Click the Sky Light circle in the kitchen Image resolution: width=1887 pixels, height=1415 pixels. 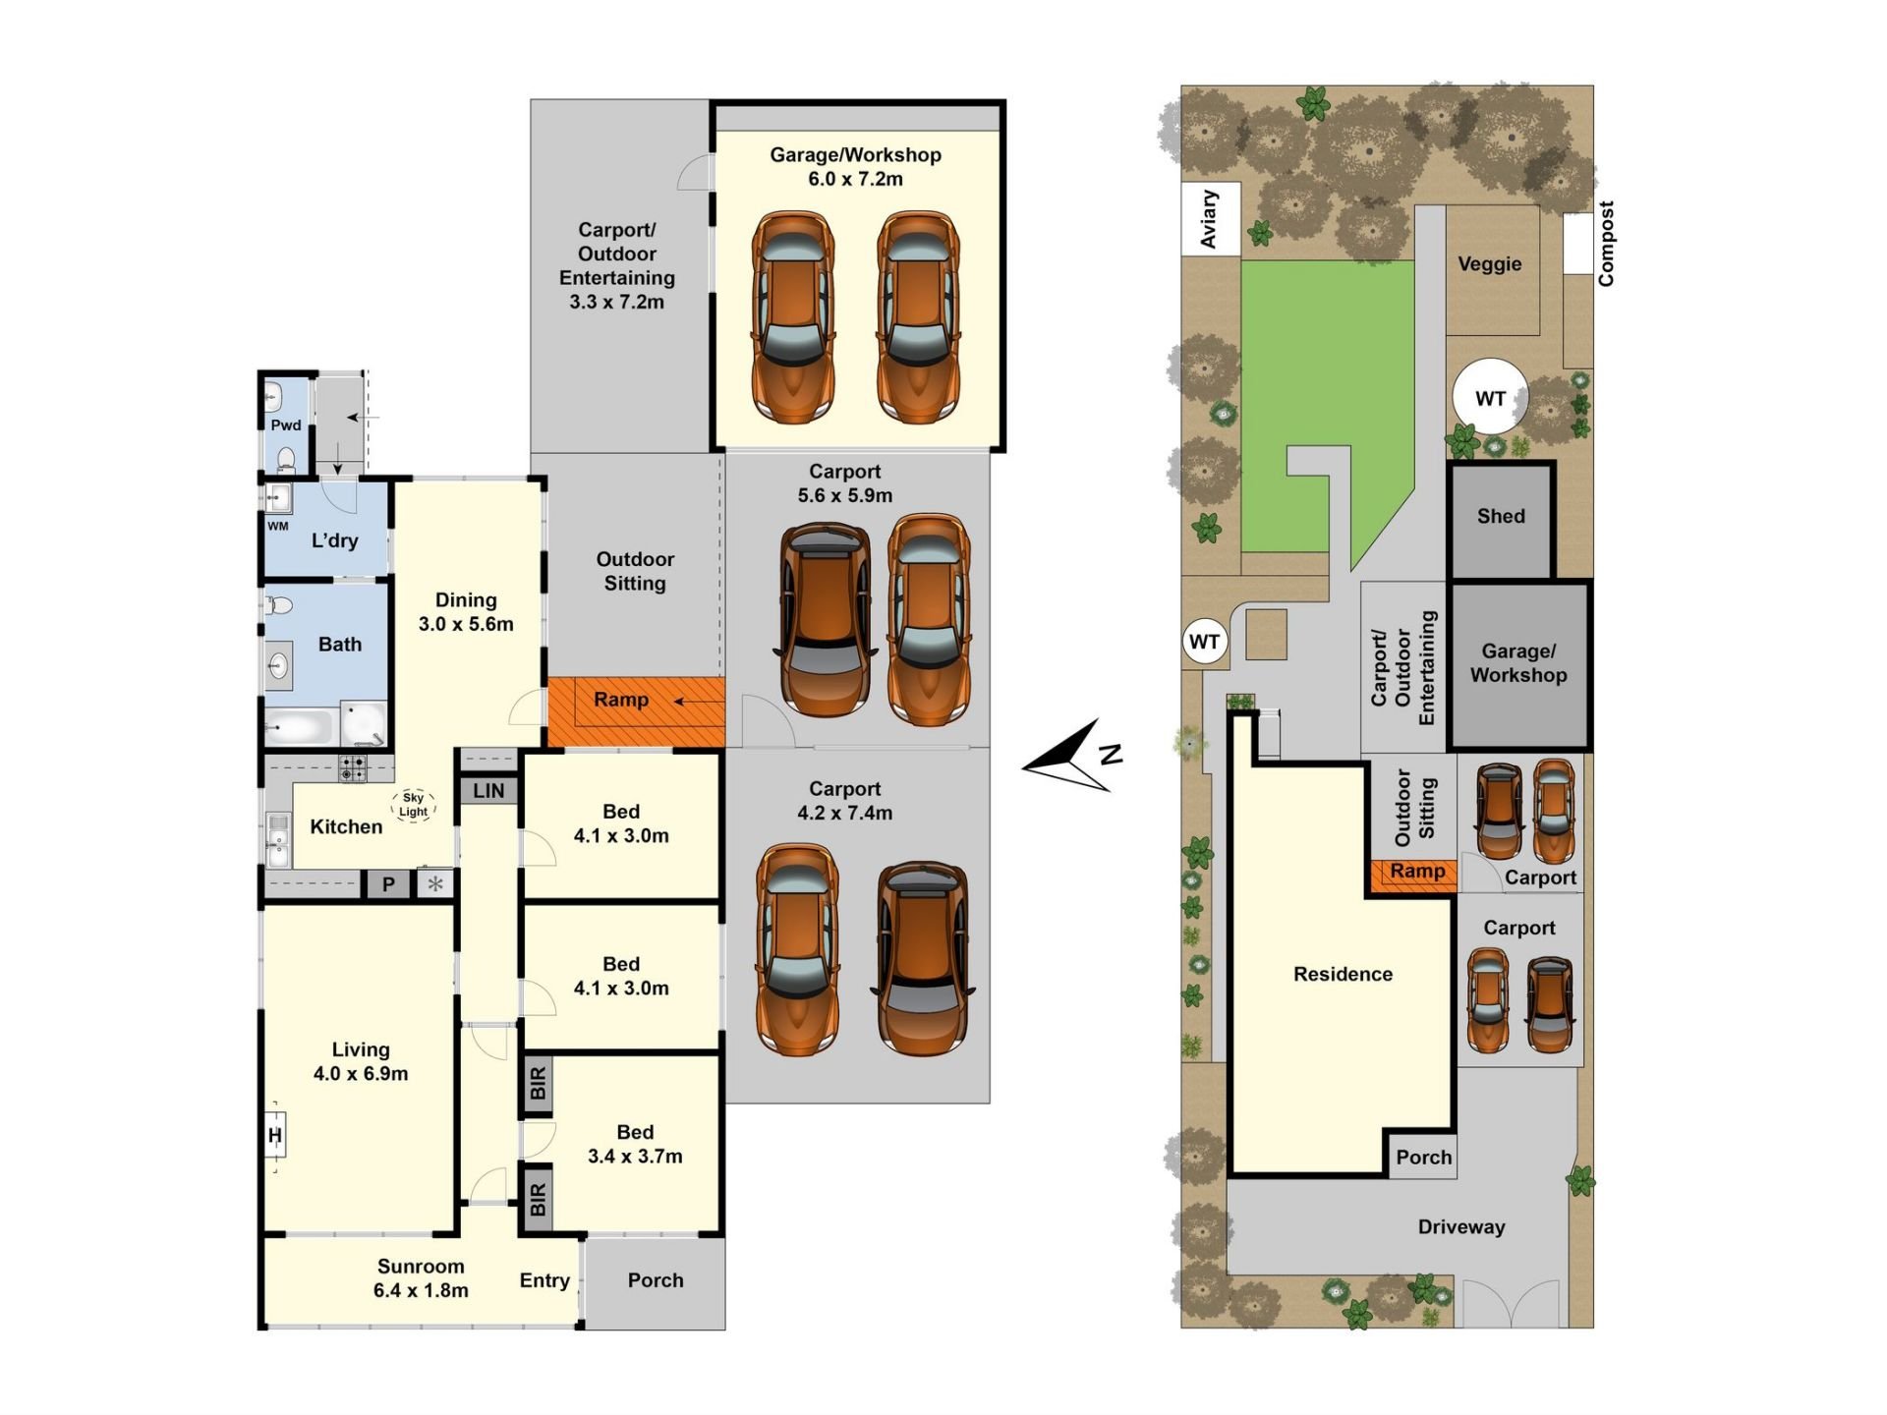click(x=413, y=805)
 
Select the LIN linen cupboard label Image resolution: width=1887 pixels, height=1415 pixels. click(x=488, y=791)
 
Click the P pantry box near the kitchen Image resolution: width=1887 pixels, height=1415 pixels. click(x=388, y=884)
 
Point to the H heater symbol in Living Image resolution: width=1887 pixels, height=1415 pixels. click(x=275, y=1136)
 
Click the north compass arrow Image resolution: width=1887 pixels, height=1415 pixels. click(x=1071, y=757)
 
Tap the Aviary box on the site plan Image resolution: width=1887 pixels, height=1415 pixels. click(x=1211, y=219)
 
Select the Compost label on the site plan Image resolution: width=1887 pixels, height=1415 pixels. click(x=1606, y=244)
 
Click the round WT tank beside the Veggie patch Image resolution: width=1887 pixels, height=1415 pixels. click(x=1490, y=398)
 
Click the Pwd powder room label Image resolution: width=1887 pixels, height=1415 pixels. click(x=286, y=424)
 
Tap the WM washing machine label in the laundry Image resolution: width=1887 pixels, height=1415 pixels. click(x=278, y=527)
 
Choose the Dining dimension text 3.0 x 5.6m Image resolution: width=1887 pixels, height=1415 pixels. click(x=466, y=624)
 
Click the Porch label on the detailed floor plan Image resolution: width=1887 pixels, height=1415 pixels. click(x=656, y=1280)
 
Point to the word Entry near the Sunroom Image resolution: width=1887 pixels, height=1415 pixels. click(x=544, y=1280)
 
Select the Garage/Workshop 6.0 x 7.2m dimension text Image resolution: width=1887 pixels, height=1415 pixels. click(x=855, y=179)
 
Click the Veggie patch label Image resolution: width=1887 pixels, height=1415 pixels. click(x=1490, y=264)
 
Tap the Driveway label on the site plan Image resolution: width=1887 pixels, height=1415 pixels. click(x=1461, y=1226)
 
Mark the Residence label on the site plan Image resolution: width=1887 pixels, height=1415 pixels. click(x=1343, y=974)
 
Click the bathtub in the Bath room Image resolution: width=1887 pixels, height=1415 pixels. click(x=301, y=728)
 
